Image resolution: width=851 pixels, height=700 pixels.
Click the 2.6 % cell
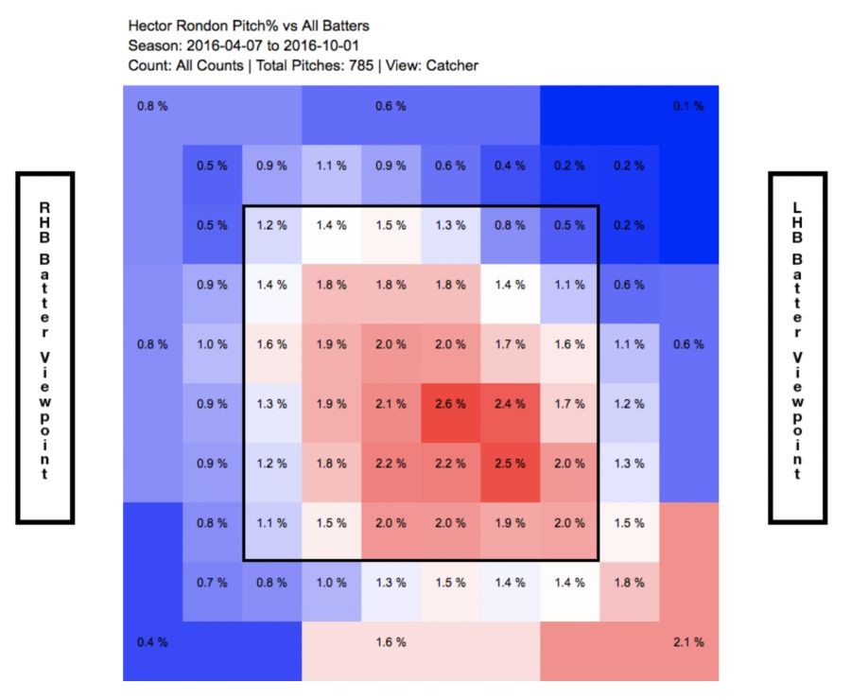pos(450,404)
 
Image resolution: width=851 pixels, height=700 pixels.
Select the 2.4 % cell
pos(510,404)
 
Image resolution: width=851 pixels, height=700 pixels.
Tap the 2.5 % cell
pos(510,464)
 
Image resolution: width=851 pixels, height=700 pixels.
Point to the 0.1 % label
pos(687,106)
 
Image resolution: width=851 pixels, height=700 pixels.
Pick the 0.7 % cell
pos(212,583)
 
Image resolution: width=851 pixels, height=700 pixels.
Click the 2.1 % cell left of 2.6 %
pos(391,404)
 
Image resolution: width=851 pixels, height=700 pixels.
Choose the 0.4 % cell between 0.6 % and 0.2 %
pos(510,166)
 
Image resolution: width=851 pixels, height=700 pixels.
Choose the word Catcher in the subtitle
pos(452,65)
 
